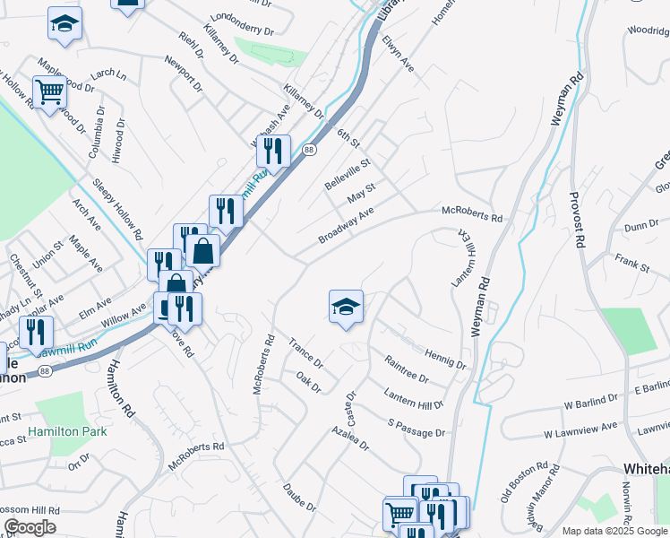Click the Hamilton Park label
pos(67,431)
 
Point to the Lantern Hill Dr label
pos(414,399)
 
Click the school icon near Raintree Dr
pos(346,308)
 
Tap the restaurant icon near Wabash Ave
pos(274,151)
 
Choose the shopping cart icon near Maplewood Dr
pos(49,91)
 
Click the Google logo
pos(30,527)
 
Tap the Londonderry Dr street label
pos(242,23)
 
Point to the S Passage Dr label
pos(417,428)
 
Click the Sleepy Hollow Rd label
pos(117,209)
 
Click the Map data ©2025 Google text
pos(614,531)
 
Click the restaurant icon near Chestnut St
pos(36,332)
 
